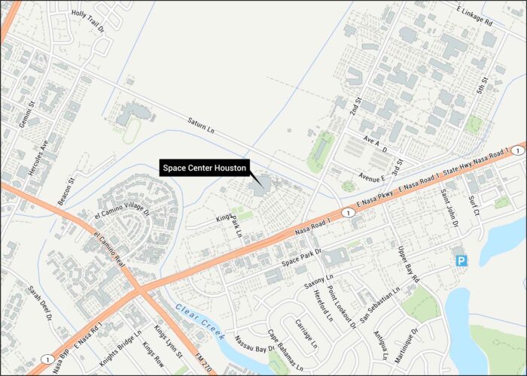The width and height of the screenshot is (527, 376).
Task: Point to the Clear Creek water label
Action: [200, 321]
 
